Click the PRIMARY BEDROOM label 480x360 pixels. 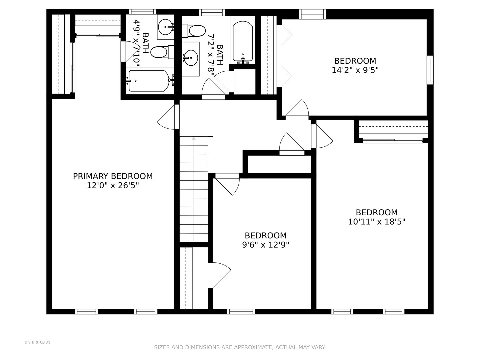coord(113,176)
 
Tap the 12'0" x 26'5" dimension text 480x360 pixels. coord(113,186)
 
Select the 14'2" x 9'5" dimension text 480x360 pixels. coord(355,70)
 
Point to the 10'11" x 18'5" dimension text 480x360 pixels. coord(377,222)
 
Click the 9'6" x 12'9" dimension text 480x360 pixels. coord(265,245)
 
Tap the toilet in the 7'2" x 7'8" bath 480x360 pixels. coord(194,31)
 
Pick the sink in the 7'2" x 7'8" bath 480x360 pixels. coord(190,58)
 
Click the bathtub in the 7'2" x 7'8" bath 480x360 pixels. coord(243,42)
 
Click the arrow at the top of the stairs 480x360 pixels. coord(194,139)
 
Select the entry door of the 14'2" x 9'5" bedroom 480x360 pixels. coord(297,110)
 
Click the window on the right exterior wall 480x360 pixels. coord(430,70)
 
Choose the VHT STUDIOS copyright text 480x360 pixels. coord(37,342)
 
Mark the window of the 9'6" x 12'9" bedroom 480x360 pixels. coord(241,311)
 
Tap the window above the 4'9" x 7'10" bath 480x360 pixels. coord(142,12)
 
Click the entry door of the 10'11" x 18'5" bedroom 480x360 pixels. coord(322,136)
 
